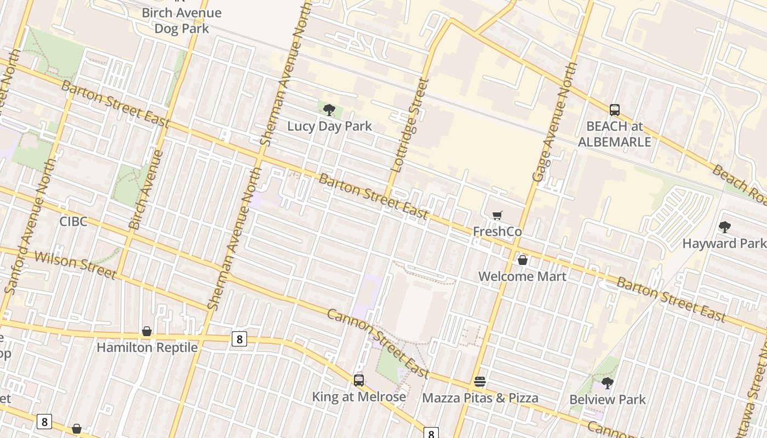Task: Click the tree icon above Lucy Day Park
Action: (x=329, y=110)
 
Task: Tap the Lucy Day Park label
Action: (x=329, y=126)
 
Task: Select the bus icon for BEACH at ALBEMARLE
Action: (x=614, y=110)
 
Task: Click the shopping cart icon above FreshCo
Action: (x=497, y=216)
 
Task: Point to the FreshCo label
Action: (x=497, y=232)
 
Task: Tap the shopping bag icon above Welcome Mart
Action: (x=523, y=260)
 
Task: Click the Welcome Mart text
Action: (x=522, y=276)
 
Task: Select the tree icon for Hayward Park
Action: (x=724, y=227)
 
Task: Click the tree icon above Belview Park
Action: (x=607, y=383)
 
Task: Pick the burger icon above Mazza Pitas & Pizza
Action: (x=480, y=382)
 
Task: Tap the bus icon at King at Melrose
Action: (x=359, y=380)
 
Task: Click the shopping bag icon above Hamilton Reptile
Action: (x=147, y=331)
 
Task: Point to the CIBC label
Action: (x=73, y=222)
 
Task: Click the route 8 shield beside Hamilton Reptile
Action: (x=239, y=339)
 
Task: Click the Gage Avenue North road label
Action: (x=555, y=122)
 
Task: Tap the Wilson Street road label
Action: (x=75, y=265)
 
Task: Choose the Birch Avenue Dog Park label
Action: (x=181, y=20)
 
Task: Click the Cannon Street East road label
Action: (x=378, y=343)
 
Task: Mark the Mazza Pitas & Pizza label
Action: (x=480, y=398)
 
